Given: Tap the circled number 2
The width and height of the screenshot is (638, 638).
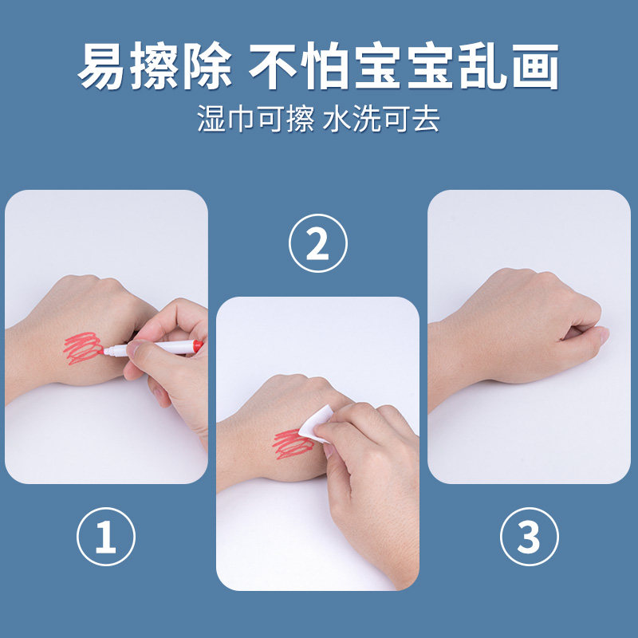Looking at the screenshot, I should click(317, 245).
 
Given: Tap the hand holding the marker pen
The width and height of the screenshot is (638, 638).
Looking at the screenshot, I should click(171, 359).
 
